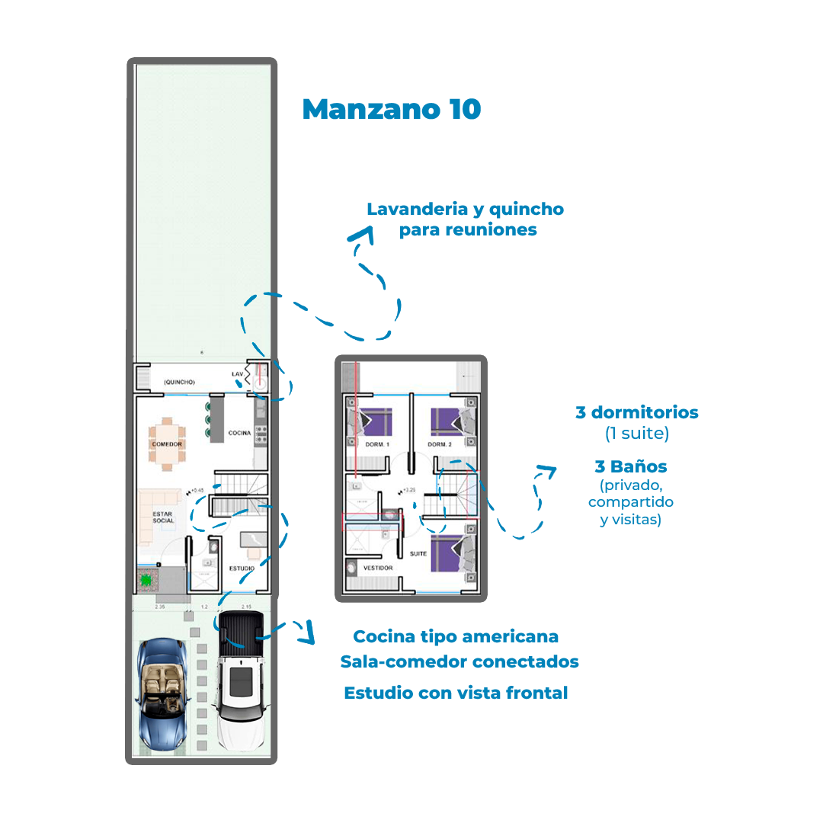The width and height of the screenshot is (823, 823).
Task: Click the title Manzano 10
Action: pyautogui.click(x=392, y=109)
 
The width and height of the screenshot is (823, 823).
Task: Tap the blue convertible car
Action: pyautogui.click(x=162, y=693)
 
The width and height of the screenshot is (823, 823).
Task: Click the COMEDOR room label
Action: pyautogui.click(x=166, y=444)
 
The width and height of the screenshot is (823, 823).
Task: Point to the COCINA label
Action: pyautogui.click(x=239, y=433)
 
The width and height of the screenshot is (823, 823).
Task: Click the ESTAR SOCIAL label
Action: pyautogui.click(x=163, y=517)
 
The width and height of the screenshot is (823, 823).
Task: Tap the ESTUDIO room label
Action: pyautogui.click(x=241, y=568)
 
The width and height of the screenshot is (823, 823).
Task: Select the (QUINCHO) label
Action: pyautogui.click(x=179, y=382)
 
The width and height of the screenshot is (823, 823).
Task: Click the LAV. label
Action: pyautogui.click(x=238, y=375)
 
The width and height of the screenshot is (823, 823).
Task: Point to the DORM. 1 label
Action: pyautogui.click(x=376, y=444)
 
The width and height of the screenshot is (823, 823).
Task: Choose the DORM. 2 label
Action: pyautogui.click(x=440, y=444)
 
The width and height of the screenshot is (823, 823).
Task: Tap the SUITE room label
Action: pyautogui.click(x=418, y=554)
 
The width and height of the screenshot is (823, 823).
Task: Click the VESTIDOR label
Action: pyautogui.click(x=378, y=568)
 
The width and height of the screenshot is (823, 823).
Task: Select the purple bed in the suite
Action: pyautogui.click(x=447, y=553)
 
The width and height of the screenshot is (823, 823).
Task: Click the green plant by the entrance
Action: pyautogui.click(x=146, y=580)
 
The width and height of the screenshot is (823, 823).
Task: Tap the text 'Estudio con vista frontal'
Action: pyautogui.click(x=456, y=693)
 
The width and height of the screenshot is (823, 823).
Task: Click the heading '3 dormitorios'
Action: pyautogui.click(x=636, y=413)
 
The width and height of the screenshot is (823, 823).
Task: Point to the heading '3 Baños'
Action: pyautogui.click(x=631, y=466)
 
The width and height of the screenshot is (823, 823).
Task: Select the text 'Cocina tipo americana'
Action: pyautogui.click(x=456, y=636)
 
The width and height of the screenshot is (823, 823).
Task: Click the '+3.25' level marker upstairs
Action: pyautogui.click(x=411, y=490)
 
